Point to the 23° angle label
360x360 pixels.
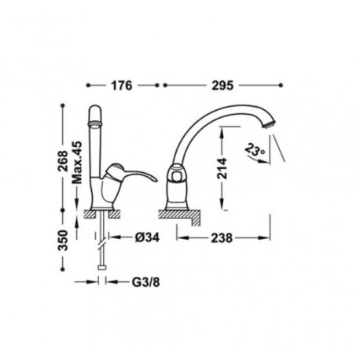coord(253,149)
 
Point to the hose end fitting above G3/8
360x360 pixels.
coord(103,272)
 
